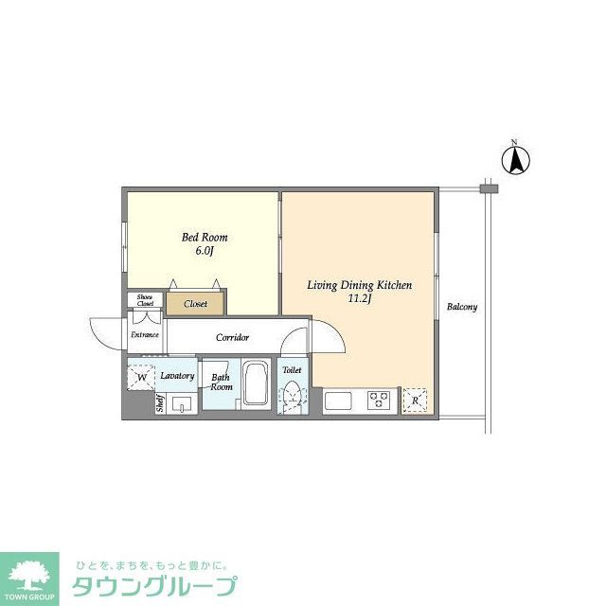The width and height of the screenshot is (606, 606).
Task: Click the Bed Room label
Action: (x=205, y=238)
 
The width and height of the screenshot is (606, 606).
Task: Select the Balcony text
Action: (x=462, y=307)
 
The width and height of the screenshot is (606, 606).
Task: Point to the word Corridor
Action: (x=232, y=337)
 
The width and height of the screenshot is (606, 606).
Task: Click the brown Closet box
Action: (x=196, y=304)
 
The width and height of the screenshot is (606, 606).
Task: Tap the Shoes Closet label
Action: (x=145, y=300)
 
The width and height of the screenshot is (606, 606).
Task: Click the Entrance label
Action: (x=145, y=334)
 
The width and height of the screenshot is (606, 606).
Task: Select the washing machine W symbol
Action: (x=141, y=378)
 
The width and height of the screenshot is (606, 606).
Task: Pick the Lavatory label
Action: (x=177, y=376)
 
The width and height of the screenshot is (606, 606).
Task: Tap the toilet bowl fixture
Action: (x=292, y=395)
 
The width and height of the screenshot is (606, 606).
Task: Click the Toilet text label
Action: (x=292, y=370)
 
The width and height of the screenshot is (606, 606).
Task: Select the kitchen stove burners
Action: (x=381, y=401)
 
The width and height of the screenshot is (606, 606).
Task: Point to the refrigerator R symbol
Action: (x=414, y=401)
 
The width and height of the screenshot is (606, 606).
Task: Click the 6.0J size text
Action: (x=205, y=251)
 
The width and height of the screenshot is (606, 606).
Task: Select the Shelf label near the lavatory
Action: (x=160, y=403)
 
